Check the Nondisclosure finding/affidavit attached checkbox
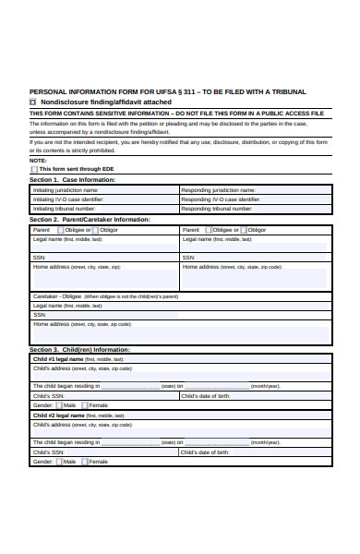pos(33,102)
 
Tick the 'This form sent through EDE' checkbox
pos(34,169)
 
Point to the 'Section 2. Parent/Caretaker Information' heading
pos(90,220)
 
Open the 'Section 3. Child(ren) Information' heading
pos(79,350)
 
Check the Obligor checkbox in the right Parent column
pos(244,230)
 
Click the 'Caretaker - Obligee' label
pos(57,296)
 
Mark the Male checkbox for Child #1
pos(60,405)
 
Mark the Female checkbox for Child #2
pos(85,461)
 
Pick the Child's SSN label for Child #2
pos(49,452)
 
